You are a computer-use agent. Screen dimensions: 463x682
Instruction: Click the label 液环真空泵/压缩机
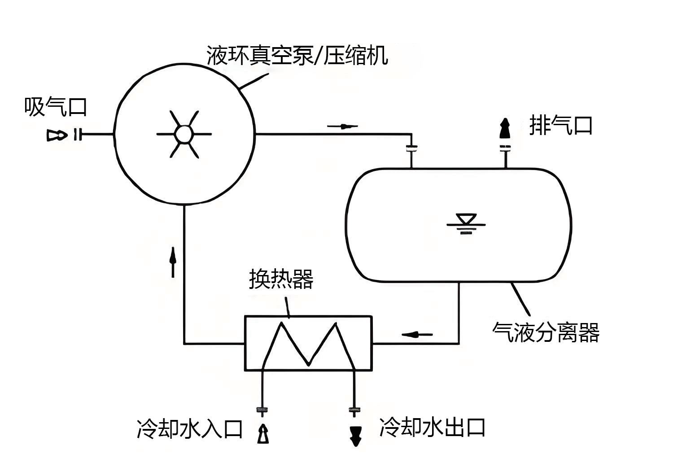[x=297, y=56]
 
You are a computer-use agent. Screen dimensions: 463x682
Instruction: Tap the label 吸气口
[x=55, y=107]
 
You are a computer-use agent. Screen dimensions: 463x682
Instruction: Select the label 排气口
[x=561, y=125]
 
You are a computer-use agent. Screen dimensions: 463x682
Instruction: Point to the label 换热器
[x=281, y=279]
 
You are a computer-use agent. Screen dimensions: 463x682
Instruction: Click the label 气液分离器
[x=546, y=332]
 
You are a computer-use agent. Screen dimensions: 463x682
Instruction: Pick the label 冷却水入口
[x=189, y=429]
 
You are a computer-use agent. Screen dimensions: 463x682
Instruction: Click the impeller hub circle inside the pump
[x=184, y=134]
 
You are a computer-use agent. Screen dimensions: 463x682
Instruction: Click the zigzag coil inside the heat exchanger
[x=308, y=344]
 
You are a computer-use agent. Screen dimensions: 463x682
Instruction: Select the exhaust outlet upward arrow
[x=505, y=129]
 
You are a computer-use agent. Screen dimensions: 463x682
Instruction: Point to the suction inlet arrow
[x=57, y=135]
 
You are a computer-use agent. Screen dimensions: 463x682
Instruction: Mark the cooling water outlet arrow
[x=355, y=435]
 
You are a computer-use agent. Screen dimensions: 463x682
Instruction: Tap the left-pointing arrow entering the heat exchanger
[x=417, y=334]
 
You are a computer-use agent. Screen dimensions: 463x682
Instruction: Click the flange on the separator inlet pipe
[x=411, y=148]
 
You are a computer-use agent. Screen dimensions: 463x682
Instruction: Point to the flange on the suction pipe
[x=78, y=134]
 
